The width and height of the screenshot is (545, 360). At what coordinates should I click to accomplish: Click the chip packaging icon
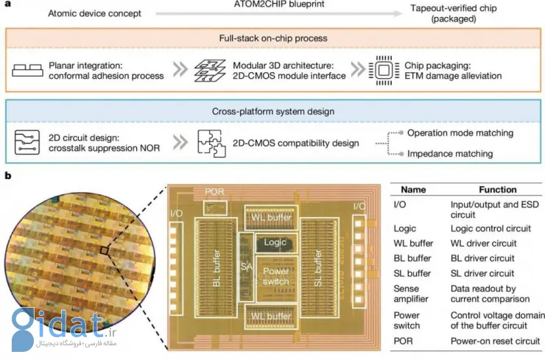coord(381,70)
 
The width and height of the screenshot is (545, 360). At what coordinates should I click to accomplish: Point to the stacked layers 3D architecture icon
coord(208,70)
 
